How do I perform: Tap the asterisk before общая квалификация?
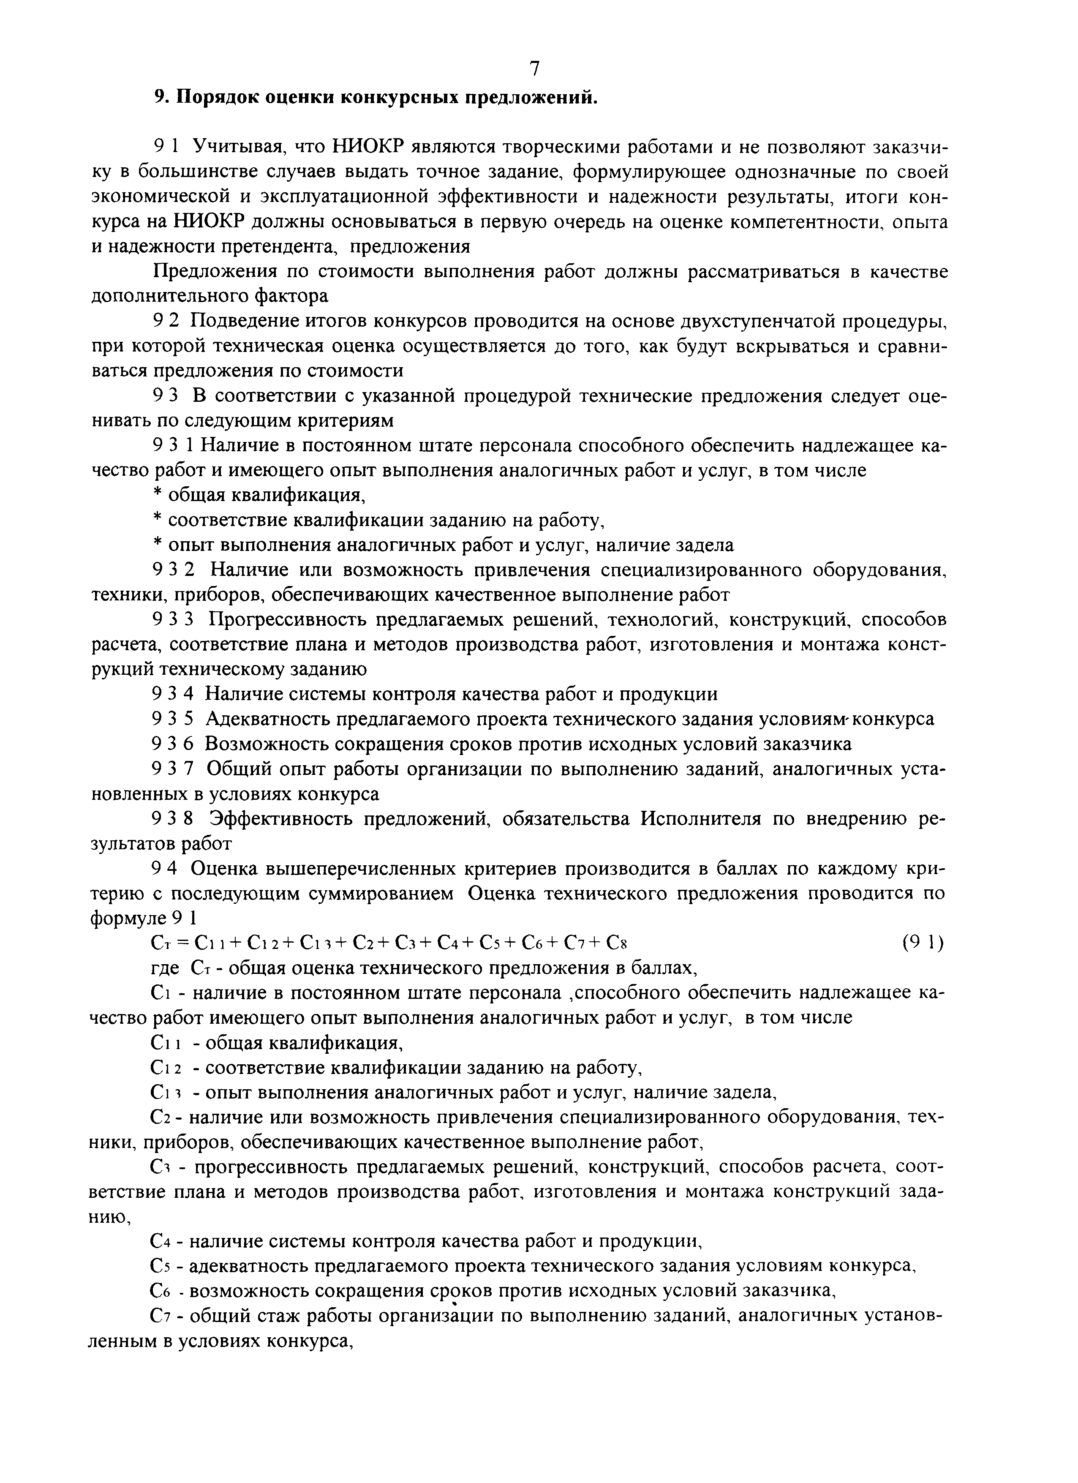pos(156,496)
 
